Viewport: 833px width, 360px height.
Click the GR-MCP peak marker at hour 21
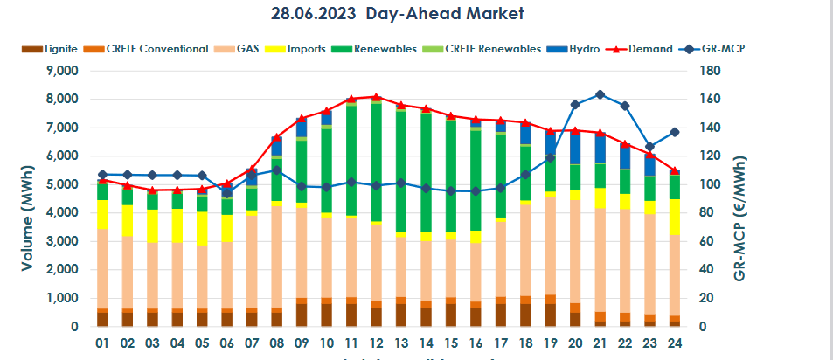[x=600, y=94]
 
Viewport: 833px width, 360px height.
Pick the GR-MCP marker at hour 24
[x=674, y=132]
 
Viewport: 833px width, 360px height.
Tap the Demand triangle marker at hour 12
[x=375, y=97]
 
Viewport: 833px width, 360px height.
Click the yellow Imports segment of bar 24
[x=674, y=217]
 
